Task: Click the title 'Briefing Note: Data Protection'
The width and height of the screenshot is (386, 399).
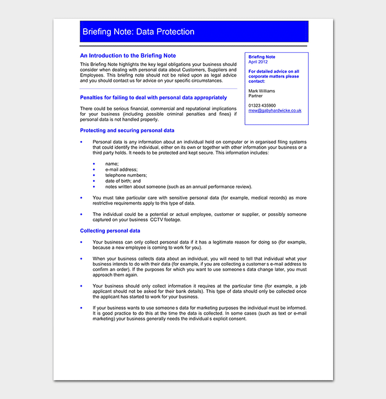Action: tap(138, 32)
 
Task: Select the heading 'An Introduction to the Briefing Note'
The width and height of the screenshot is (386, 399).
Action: tap(128, 56)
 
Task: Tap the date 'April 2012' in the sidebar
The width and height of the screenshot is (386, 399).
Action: tap(258, 62)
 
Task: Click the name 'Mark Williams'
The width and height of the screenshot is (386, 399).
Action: tap(262, 91)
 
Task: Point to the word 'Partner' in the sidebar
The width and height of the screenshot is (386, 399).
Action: tap(256, 96)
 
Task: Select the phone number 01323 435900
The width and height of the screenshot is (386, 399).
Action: tap(262, 105)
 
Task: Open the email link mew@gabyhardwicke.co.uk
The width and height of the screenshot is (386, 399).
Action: tap(275, 110)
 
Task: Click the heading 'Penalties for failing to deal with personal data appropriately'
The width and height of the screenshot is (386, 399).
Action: tap(153, 98)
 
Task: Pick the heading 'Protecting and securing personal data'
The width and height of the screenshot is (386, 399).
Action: tap(127, 131)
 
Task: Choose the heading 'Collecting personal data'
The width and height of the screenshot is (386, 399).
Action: tap(110, 231)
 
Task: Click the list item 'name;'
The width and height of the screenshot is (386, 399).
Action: tap(112, 164)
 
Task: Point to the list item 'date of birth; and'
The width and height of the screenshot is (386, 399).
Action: tap(123, 181)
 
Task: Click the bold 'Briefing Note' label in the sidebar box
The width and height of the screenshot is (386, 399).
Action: tap(262, 57)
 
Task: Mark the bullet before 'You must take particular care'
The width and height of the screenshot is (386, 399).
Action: tap(82, 197)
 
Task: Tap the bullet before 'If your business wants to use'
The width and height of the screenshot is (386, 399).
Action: tap(82, 308)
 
